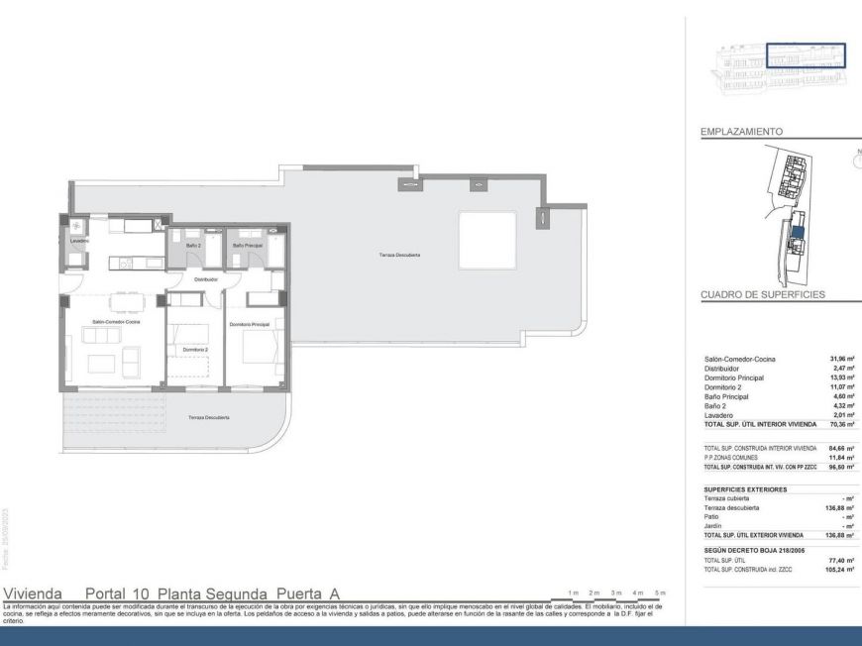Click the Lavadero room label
(x=80, y=241)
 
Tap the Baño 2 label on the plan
(x=194, y=245)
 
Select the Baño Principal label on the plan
(x=246, y=245)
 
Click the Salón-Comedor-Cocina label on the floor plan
(x=116, y=322)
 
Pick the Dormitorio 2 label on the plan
(x=195, y=350)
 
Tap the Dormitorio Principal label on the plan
(x=250, y=324)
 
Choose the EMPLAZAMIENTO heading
(x=743, y=131)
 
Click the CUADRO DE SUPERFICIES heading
(x=762, y=294)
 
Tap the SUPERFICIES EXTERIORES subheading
(x=745, y=489)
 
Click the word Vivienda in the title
(x=35, y=592)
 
